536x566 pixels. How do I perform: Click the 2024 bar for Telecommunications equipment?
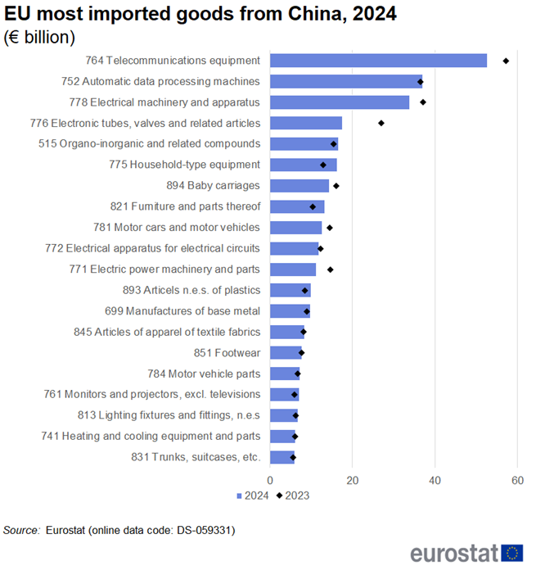(378, 61)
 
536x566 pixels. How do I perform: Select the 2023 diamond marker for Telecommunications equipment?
(506, 61)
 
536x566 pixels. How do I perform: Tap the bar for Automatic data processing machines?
(346, 81)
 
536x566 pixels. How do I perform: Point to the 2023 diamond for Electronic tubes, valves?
(381, 123)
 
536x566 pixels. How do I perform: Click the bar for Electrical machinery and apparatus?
(340, 102)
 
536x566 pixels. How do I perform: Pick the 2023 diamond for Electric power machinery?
(331, 269)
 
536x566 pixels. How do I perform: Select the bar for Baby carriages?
(300, 186)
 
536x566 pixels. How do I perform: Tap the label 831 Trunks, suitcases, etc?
(196, 457)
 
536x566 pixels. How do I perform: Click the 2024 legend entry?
(253, 495)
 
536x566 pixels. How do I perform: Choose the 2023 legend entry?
(293, 495)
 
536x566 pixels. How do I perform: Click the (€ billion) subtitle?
(40, 37)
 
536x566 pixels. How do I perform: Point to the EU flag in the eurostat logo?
(513, 553)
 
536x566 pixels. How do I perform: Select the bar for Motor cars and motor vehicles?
(295, 228)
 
